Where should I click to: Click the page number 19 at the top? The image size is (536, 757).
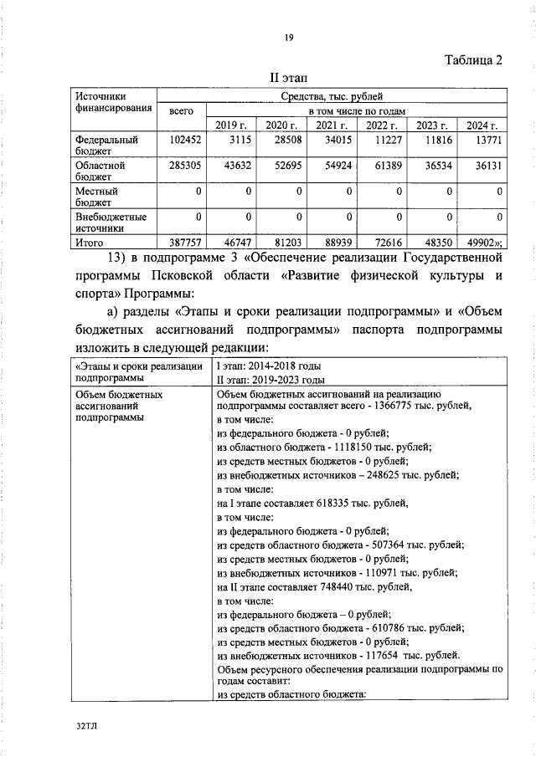click(x=287, y=37)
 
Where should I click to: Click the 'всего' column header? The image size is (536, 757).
click(x=181, y=110)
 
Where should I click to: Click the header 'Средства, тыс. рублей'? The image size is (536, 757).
click(x=333, y=96)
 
